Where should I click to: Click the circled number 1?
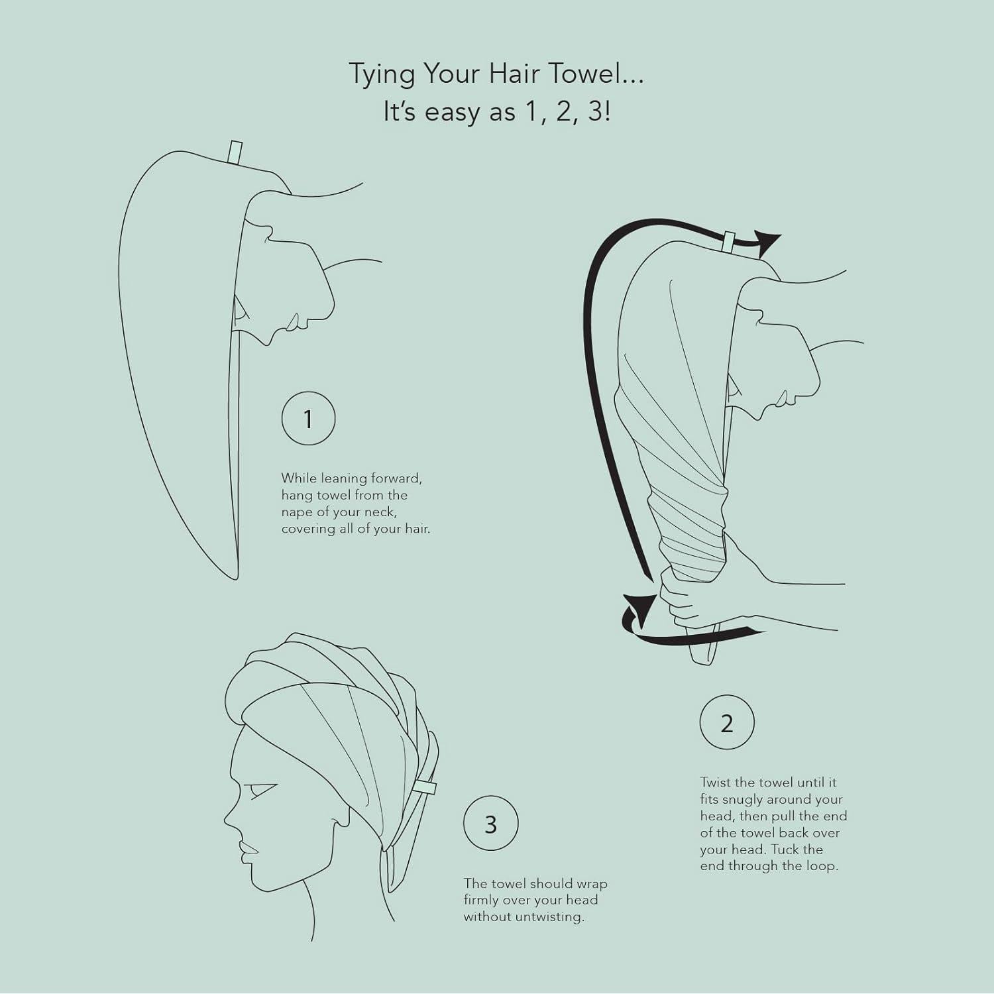308,419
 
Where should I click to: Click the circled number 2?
727,723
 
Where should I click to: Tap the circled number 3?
490,824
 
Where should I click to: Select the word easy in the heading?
453,112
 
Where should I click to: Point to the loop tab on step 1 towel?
235,152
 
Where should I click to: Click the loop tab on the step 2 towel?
728,241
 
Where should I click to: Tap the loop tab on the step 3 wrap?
425,788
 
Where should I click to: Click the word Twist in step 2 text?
716,783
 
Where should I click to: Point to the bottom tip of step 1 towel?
235,578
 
